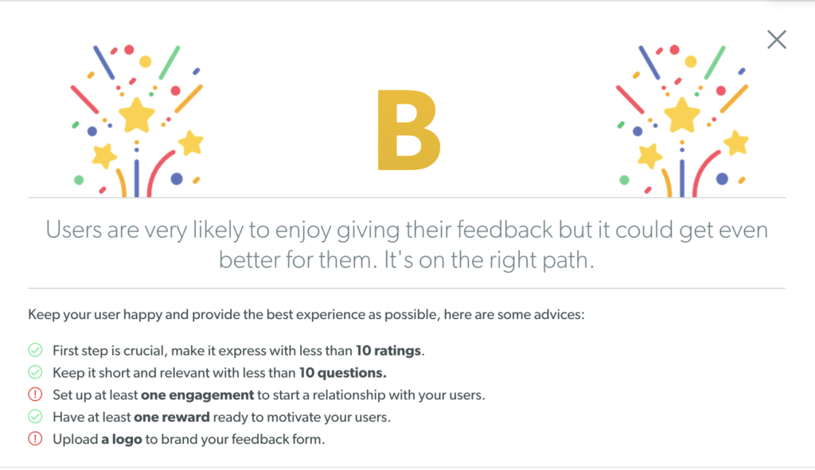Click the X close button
777,40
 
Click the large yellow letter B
408,130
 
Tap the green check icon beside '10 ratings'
35,351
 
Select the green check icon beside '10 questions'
35,372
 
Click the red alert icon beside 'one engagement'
35,394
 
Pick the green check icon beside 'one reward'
35,417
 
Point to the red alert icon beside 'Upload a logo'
35,439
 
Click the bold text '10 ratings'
388,351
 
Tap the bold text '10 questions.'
342,373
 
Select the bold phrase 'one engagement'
197,395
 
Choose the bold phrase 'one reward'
172,417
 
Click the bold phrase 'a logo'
122,439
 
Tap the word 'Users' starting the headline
74,230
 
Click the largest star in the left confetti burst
137,115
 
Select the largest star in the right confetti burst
682,115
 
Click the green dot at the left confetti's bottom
79,181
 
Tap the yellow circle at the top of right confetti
691,62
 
